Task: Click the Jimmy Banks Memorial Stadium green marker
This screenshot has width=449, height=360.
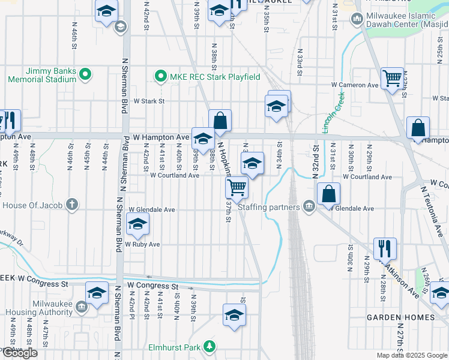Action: pos(85,74)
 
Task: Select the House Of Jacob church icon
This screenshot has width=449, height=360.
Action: pos(72,205)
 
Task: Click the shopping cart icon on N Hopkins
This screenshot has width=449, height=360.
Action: pos(237,187)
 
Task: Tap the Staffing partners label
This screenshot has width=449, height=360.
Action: pos(268,208)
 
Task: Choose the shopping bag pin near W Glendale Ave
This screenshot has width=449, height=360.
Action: pos(328,194)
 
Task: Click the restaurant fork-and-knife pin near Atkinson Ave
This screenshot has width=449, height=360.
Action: pos(385,248)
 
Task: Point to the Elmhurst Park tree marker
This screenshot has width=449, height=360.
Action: pos(209,346)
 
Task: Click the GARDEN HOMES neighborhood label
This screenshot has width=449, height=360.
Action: pos(402,317)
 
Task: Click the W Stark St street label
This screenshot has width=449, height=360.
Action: pos(149,101)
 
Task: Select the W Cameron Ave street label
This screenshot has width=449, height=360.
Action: pos(355,85)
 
